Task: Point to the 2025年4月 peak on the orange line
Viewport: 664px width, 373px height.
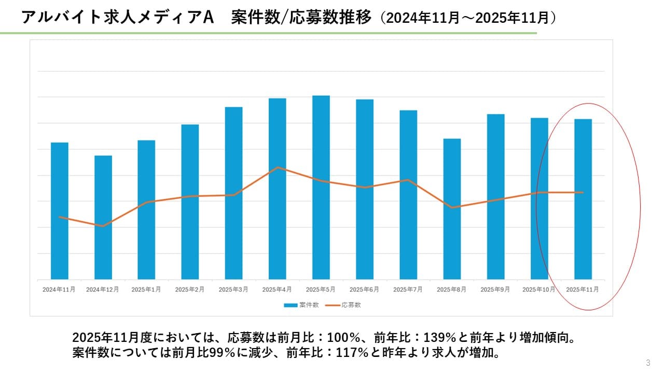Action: pyautogui.click(x=278, y=167)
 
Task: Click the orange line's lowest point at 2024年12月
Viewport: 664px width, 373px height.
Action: pyautogui.click(x=103, y=226)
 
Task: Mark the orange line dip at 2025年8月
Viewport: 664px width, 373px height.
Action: pyautogui.click(x=452, y=207)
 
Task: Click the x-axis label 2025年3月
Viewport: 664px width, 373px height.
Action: pyautogui.click(x=233, y=290)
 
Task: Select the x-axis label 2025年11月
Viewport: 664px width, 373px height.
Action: pyautogui.click(x=583, y=290)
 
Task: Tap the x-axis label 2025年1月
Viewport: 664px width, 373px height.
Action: pyautogui.click(x=146, y=290)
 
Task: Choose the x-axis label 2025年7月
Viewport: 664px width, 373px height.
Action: pyautogui.click(x=408, y=290)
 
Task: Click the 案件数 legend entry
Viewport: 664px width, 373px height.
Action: pyautogui.click(x=301, y=305)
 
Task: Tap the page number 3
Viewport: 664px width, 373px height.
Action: pyautogui.click(x=648, y=363)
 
